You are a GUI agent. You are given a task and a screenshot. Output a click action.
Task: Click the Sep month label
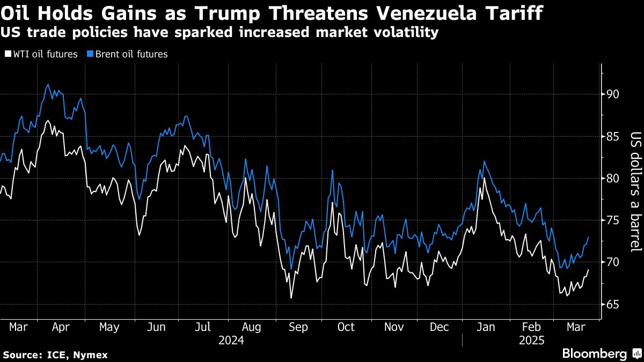[299, 327]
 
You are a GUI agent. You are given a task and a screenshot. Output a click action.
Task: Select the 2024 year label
[231, 341]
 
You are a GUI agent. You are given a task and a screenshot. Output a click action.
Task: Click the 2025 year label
[532, 341]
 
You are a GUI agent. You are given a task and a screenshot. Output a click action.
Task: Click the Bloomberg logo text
[594, 353]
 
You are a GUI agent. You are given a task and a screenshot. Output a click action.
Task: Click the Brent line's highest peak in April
[48, 84]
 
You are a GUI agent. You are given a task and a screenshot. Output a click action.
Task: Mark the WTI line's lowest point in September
[291, 298]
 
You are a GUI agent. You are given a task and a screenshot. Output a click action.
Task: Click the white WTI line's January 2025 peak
[485, 178]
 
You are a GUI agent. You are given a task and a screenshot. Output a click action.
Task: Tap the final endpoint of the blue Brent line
[589, 237]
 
